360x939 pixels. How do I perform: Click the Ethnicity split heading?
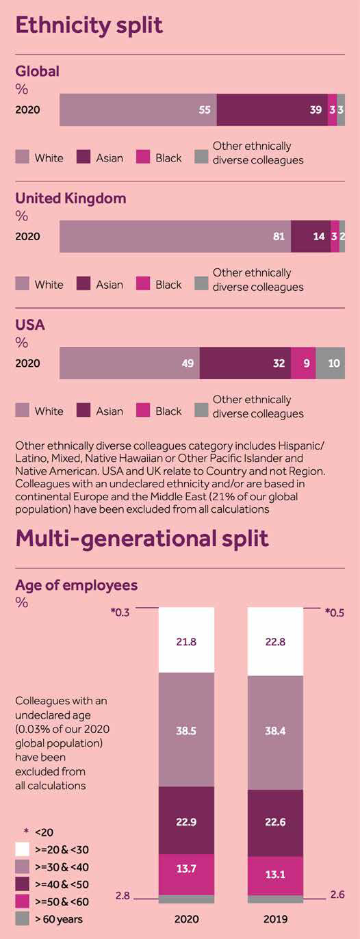click(x=89, y=25)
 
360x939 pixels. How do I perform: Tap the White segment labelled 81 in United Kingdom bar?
click(x=175, y=237)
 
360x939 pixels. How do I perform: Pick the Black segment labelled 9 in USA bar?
click(x=303, y=363)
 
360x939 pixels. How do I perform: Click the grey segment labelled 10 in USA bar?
click(x=331, y=363)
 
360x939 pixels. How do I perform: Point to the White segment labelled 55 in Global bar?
click(x=138, y=110)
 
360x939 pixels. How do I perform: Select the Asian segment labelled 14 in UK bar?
click(x=310, y=237)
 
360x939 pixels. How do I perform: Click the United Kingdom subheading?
click(x=70, y=198)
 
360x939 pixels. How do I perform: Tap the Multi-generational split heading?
click(x=142, y=538)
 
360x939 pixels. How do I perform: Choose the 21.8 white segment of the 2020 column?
click(x=186, y=640)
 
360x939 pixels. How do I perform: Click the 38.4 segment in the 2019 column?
click(x=275, y=730)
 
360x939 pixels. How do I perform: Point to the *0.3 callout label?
click(x=120, y=612)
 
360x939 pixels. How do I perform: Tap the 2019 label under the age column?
click(x=275, y=919)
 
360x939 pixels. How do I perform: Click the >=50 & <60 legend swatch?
click(x=23, y=901)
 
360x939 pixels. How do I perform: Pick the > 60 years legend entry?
click(x=58, y=919)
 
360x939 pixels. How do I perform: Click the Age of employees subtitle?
click(x=76, y=585)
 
